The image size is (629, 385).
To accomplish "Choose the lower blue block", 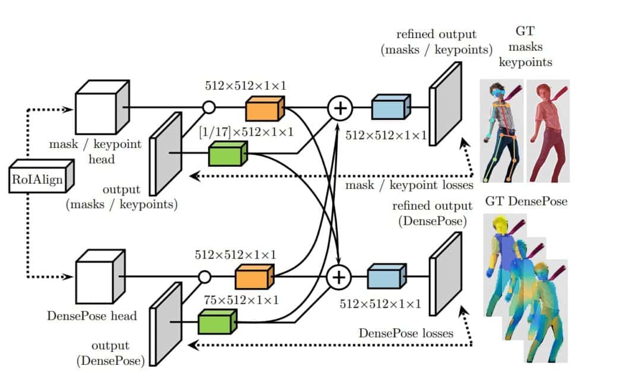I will pos(385,277).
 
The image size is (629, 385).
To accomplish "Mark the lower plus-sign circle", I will pos(339,277).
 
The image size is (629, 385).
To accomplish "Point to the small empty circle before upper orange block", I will pos(208,108).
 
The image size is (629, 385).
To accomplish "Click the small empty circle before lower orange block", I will pos(204,277).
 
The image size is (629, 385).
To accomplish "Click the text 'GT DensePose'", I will pos(526,201).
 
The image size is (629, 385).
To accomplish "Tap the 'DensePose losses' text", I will pos(406,333).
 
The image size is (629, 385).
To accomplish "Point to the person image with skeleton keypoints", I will pos(502,131).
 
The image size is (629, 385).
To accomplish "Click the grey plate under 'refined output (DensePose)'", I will pos(444,273).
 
